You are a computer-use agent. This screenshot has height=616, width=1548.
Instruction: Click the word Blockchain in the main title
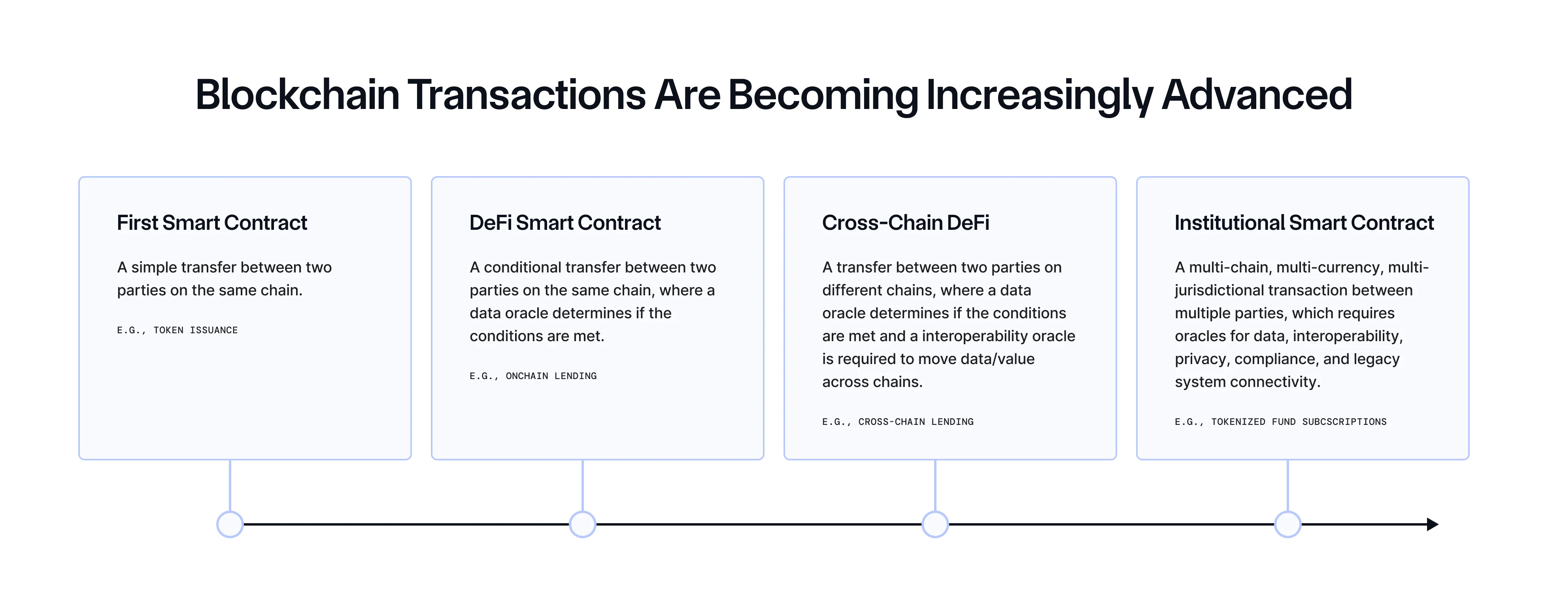coord(297,95)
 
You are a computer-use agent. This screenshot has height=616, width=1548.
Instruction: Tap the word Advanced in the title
coord(1257,95)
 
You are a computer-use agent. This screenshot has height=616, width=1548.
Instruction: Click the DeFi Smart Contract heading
coord(565,223)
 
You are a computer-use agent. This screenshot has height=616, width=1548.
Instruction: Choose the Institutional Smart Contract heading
coord(1304,223)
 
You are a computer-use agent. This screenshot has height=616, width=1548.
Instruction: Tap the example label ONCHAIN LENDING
coord(551,376)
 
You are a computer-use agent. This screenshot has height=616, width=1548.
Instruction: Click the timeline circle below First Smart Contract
coord(230,524)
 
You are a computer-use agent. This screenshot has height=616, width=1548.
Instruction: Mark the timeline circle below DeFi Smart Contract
coord(582,524)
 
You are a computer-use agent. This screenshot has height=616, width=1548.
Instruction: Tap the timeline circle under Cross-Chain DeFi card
coord(935,524)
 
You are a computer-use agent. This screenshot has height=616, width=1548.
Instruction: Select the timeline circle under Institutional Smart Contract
coord(1288,524)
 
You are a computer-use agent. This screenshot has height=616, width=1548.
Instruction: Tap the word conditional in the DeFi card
coord(523,267)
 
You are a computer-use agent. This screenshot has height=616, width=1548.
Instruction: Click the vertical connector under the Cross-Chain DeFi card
coord(935,485)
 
